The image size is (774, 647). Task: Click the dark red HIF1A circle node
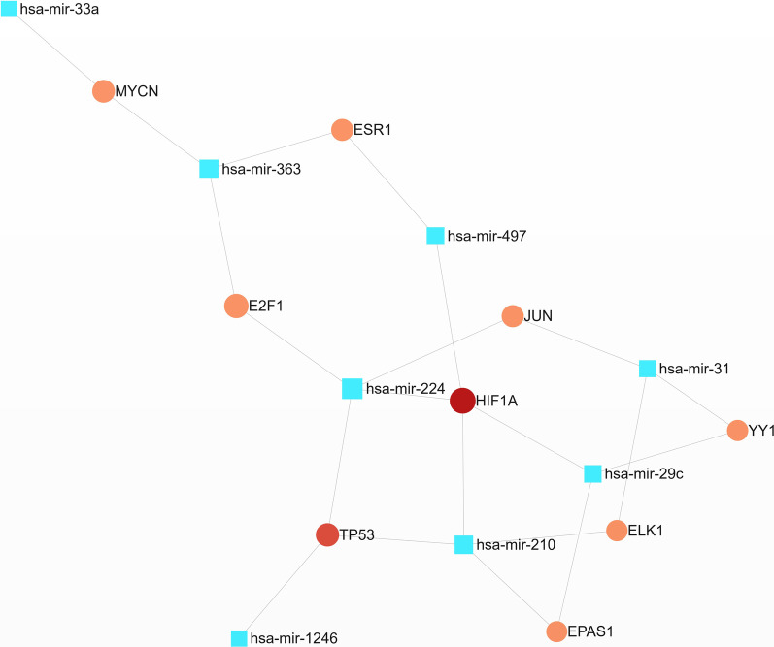(x=462, y=401)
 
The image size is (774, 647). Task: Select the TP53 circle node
(x=328, y=534)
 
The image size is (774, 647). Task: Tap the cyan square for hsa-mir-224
(x=352, y=389)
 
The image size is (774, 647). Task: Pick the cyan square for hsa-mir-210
(x=464, y=544)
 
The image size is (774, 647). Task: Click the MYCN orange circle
(x=103, y=91)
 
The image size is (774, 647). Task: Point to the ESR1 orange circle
(x=341, y=129)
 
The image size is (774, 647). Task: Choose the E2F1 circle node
(x=235, y=306)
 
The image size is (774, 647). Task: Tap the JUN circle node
(x=512, y=315)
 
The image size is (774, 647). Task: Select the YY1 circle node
(x=737, y=429)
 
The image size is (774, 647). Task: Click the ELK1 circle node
(x=617, y=531)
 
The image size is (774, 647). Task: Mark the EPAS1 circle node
(x=556, y=631)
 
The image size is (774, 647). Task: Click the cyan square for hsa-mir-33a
(x=9, y=9)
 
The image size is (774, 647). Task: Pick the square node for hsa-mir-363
(x=209, y=169)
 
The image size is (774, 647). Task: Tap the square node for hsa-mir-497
(x=435, y=235)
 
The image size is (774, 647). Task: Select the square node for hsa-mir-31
(x=647, y=369)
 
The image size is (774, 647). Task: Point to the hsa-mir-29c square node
(x=592, y=473)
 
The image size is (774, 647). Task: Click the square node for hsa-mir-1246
(x=238, y=638)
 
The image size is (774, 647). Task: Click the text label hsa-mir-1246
(x=293, y=638)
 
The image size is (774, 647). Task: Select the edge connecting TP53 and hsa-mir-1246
(x=284, y=586)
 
